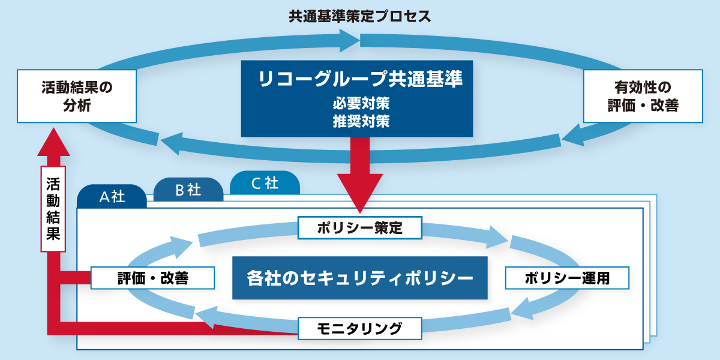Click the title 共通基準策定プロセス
coord(360,16)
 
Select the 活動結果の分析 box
coord(77,96)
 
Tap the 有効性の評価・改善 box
coord(643,96)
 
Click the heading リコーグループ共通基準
coord(357,79)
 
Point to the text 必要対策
coord(357,103)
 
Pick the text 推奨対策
coord(357,121)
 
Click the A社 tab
coord(112,197)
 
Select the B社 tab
coord(188,190)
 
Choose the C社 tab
coord(264,183)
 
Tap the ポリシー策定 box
coord(360,228)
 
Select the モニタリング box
coord(360,328)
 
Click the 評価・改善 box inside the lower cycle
coord(152,278)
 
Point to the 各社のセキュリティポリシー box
coord(360,278)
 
